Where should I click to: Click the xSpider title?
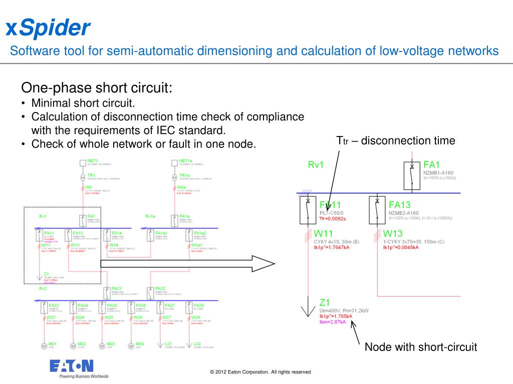click(x=48, y=27)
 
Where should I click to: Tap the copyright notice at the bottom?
click(x=261, y=372)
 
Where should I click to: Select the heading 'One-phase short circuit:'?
click(x=97, y=88)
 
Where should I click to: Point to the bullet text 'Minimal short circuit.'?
click(x=83, y=104)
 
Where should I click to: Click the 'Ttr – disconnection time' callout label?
click(x=395, y=141)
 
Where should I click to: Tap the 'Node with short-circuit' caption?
click(x=421, y=347)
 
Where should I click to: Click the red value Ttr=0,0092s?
click(x=333, y=218)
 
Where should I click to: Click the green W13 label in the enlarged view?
click(x=393, y=233)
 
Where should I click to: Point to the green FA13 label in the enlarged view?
click(x=400, y=204)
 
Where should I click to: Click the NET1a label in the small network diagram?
click(x=185, y=160)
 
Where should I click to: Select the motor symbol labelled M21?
click(x=43, y=345)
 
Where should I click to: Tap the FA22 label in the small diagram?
click(x=160, y=288)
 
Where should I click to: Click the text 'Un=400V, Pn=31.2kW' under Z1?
click(x=344, y=310)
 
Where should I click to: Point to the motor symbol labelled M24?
click(x=132, y=345)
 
